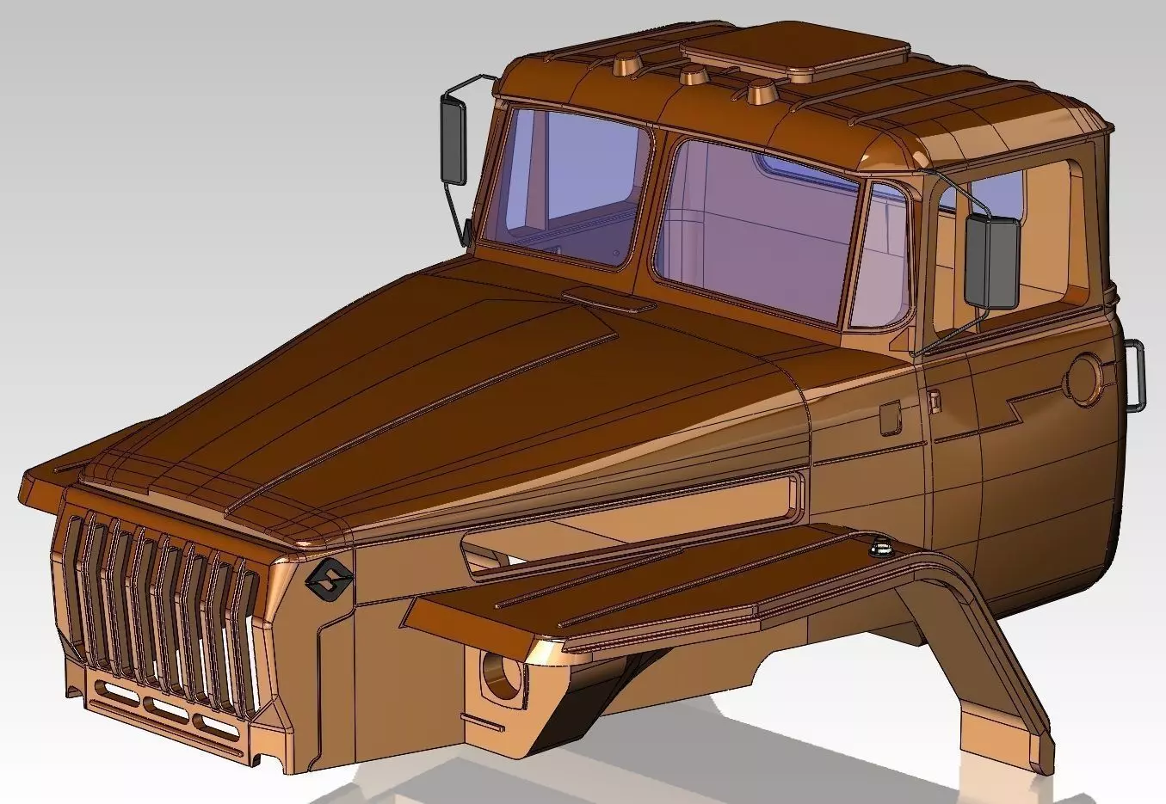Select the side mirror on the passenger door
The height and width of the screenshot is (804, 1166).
click(x=991, y=261)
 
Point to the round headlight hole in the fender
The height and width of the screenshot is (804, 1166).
click(x=500, y=672)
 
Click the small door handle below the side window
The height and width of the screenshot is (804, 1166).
click(x=934, y=400)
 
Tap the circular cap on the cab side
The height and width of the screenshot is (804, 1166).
click(x=1086, y=378)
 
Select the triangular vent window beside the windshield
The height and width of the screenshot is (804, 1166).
click(x=884, y=258)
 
